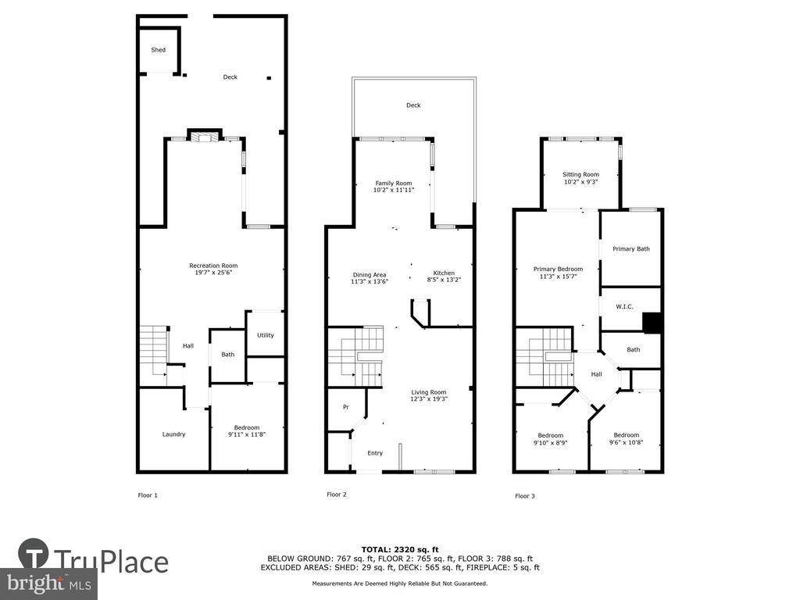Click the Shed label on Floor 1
[158, 50]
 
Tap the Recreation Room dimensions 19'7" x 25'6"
[213, 273]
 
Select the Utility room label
[266, 335]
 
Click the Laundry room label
[173, 434]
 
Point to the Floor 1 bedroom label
[247, 427]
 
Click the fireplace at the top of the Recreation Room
[205, 135]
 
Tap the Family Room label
[394, 183]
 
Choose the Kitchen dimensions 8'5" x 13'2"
[444, 280]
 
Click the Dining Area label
[370, 274]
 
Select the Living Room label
[429, 392]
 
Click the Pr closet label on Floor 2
[346, 407]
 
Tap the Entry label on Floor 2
[375, 453]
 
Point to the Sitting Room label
[580, 174]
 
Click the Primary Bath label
[631, 249]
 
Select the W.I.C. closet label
[624, 306]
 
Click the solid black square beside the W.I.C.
[652, 323]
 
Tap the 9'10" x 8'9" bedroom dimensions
[551, 443]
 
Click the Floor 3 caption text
[525, 496]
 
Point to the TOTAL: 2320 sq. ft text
[400, 549]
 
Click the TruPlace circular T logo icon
[34, 553]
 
